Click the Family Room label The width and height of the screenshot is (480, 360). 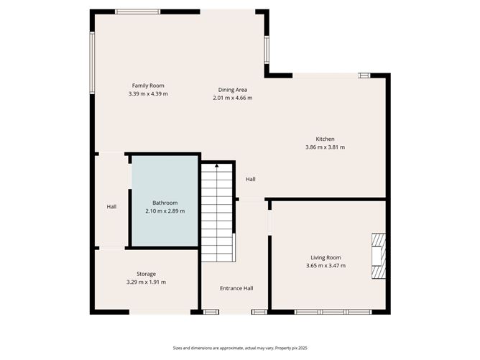click(x=148, y=86)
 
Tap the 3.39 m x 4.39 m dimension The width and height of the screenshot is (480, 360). click(x=148, y=93)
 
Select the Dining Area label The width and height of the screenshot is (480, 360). click(x=233, y=90)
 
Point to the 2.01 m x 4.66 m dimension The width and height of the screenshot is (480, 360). click(x=233, y=98)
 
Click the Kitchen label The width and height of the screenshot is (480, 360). click(x=325, y=139)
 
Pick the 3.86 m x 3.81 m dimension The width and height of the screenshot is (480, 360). click(x=325, y=147)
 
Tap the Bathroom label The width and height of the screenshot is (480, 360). click(x=165, y=203)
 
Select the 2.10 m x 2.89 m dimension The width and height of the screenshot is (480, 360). click(x=165, y=211)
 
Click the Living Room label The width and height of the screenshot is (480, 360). click(x=326, y=257)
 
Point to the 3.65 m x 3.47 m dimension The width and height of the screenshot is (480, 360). click(x=326, y=265)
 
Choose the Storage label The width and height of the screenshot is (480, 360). click(x=146, y=274)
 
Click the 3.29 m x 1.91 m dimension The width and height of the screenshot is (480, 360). click(x=146, y=282)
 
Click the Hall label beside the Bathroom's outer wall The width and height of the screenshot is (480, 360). click(x=111, y=207)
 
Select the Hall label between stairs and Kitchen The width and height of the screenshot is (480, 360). click(x=250, y=180)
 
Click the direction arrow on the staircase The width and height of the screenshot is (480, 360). click(x=217, y=167)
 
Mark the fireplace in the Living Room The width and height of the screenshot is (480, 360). click(x=379, y=255)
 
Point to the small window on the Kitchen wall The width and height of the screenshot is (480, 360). click(x=364, y=75)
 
